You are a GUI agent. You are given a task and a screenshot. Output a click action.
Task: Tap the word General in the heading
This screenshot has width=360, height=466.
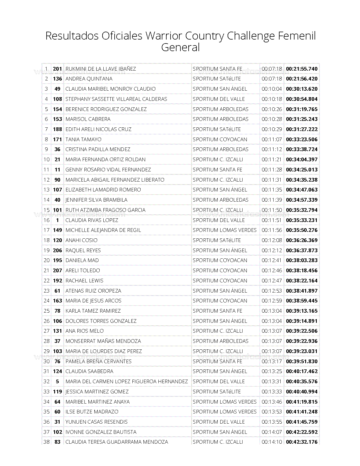pyautogui.click(x=180, y=47)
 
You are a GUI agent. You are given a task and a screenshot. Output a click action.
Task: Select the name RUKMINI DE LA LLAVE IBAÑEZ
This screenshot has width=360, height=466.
pyautogui.click(x=101, y=69)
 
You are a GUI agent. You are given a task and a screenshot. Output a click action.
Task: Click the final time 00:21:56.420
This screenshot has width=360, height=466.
pyautogui.click(x=302, y=79)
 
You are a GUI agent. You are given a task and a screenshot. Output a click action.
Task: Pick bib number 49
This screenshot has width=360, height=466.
pyautogui.click(x=57, y=89)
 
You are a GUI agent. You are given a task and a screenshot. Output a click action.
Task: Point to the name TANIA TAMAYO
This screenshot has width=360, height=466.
pyautogui.click(x=83, y=139)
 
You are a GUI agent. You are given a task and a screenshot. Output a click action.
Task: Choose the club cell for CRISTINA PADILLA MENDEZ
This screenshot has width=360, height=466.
pyautogui.click(x=221, y=149)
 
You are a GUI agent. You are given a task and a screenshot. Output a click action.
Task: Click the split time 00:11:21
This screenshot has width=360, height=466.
pyautogui.click(x=271, y=160)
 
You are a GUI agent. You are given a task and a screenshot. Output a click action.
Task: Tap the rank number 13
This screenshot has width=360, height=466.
pyautogui.click(x=46, y=190)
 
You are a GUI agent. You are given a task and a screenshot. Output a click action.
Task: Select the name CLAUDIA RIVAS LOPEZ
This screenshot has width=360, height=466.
pyautogui.click(x=92, y=220)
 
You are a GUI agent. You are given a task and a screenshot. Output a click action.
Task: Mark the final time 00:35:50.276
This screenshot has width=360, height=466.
pyautogui.click(x=302, y=230)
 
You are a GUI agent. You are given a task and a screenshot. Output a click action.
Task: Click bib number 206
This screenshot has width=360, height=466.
pyautogui.click(x=57, y=250)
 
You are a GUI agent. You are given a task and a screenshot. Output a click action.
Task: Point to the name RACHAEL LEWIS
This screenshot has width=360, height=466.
pyautogui.click(x=84, y=280)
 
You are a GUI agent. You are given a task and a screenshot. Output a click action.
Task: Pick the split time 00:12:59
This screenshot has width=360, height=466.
pyautogui.click(x=271, y=301)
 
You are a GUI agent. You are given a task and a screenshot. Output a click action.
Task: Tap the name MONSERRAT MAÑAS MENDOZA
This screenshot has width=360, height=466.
pyautogui.click(x=103, y=341)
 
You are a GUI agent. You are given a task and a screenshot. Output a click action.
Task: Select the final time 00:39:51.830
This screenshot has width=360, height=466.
pyautogui.click(x=302, y=361)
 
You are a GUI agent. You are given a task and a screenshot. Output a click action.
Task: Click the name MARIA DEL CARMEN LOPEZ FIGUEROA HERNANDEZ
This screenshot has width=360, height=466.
pyautogui.click(x=126, y=382)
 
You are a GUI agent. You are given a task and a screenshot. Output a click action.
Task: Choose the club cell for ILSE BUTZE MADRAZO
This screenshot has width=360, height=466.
pyautogui.click(x=224, y=412)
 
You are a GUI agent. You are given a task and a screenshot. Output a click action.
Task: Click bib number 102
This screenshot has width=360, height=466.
pyautogui.click(x=57, y=432)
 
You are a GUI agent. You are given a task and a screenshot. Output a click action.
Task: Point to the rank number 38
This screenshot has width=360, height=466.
pyautogui.click(x=46, y=442)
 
